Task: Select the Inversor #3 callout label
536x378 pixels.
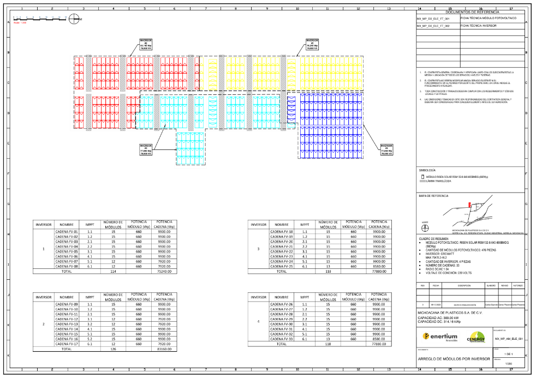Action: click(x=146, y=149)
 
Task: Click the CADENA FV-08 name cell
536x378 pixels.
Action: click(x=67, y=266)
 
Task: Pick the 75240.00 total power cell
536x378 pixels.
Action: click(x=164, y=271)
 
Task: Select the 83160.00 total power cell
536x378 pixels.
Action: click(x=164, y=349)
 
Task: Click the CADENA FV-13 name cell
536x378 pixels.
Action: click(x=67, y=324)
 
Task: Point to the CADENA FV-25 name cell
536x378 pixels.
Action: click(x=282, y=266)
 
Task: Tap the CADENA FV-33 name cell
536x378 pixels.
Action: click(x=282, y=339)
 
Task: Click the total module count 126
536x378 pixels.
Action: click(x=114, y=349)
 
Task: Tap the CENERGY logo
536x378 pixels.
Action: click(x=475, y=338)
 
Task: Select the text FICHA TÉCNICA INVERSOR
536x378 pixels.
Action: click(x=478, y=26)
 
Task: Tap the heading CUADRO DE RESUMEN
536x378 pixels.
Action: click(x=433, y=238)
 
